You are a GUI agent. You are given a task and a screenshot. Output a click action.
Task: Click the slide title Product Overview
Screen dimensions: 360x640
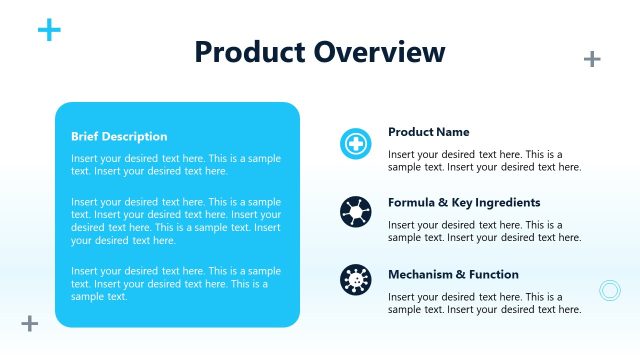coord(320,52)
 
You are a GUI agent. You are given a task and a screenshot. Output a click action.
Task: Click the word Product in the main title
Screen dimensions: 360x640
coord(249,52)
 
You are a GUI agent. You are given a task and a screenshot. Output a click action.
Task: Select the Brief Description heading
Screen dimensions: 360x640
coord(119,137)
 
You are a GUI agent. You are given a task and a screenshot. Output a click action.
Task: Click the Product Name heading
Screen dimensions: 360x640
coord(428,132)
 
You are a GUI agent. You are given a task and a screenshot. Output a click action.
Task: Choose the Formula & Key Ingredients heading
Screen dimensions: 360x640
coord(464,202)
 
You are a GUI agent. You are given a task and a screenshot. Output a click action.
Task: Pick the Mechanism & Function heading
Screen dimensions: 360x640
coord(453,274)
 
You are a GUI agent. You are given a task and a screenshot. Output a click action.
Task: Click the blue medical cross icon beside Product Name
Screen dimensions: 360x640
coord(355,144)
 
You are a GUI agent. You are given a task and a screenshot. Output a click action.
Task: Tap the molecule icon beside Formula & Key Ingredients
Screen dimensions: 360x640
coord(355,213)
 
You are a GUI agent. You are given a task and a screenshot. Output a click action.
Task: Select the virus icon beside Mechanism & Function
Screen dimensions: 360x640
coord(355,279)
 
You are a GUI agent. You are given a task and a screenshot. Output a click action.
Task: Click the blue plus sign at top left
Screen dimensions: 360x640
coord(49,30)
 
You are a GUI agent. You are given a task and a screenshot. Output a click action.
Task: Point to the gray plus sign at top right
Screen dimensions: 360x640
coord(592,59)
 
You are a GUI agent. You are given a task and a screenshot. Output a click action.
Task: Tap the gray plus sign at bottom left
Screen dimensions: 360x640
coord(30,323)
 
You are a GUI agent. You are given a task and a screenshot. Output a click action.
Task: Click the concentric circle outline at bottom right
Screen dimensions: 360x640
coord(610,291)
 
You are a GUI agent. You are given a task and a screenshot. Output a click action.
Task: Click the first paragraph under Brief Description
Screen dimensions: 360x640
coord(176,165)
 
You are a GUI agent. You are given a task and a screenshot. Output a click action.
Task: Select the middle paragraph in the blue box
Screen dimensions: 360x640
coord(176,221)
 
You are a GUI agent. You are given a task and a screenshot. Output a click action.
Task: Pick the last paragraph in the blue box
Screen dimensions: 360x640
coord(176,283)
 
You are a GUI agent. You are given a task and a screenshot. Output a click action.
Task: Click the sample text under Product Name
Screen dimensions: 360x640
coord(484,161)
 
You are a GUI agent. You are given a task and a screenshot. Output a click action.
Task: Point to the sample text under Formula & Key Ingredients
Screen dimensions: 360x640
coord(484,231)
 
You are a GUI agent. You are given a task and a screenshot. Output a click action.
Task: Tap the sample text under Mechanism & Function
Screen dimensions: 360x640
coord(484,303)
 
